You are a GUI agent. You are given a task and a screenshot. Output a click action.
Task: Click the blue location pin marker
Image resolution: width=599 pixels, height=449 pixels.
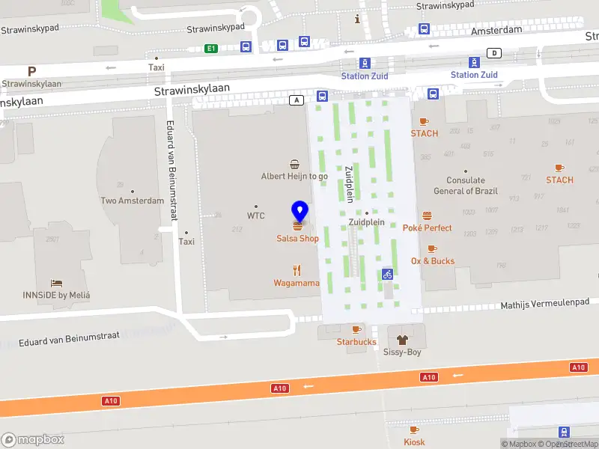click(x=299, y=211)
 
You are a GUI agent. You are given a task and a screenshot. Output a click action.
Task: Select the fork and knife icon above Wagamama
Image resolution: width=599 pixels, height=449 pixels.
click(x=297, y=270)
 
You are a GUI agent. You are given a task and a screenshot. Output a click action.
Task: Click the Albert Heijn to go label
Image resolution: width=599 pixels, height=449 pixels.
click(x=294, y=177)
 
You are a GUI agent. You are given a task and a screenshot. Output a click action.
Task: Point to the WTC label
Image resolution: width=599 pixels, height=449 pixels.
click(x=256, y=216)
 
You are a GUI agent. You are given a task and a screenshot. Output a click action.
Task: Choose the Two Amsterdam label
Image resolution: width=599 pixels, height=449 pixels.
click(x=133, y=201)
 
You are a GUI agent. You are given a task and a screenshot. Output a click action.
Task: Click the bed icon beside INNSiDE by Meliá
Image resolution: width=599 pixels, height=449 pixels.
click(x=56, y=283)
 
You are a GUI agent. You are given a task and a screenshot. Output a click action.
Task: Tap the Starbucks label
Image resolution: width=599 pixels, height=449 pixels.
click(x=356, y=342)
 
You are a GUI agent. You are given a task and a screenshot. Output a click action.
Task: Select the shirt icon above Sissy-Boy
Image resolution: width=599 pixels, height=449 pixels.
click(x=402, y=339)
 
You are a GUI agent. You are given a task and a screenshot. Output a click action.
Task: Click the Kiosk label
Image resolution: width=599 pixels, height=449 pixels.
click(x=414, y=442)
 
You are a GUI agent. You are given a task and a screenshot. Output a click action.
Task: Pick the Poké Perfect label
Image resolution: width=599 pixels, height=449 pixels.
click(x=427, y=227)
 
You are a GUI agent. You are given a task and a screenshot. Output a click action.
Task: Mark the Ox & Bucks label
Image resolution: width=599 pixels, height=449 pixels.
click(x=432, y=261)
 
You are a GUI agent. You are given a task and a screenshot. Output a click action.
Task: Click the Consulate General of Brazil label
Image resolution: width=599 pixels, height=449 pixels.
click(x=466, y=185)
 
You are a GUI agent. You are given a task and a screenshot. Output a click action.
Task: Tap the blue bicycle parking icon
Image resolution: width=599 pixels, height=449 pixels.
click(x=387, y=274)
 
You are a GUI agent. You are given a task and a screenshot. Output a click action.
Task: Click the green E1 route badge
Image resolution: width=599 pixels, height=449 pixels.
click(x=212, y=49)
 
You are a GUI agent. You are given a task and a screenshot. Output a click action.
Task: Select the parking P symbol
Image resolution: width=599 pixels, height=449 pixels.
click(x=31, y=72)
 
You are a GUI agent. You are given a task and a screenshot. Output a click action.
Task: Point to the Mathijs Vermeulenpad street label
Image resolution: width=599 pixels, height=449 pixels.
click(x=540, y=305)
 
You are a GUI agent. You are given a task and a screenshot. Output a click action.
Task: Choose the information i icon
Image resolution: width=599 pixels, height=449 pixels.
click(x=358, y=19)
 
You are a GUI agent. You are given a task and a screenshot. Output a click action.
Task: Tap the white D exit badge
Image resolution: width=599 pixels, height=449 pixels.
click(x=494, y=52)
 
